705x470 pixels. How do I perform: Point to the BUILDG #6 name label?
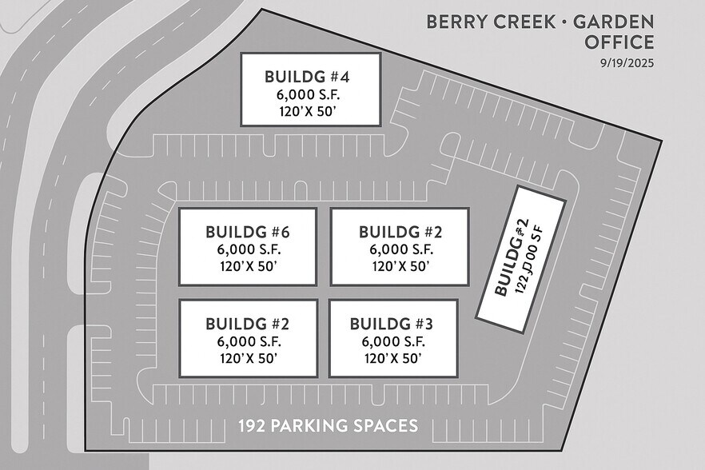tap(247, 233)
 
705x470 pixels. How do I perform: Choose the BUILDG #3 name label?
tap(392, 324)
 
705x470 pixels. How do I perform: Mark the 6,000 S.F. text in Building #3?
tap(392, 341)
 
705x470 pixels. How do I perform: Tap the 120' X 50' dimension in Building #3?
tap(392, 358)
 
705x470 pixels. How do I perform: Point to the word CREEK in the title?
tap(524, 22)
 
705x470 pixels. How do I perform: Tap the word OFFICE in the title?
tap(619, 42)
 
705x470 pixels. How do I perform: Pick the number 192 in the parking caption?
tap(252, 426)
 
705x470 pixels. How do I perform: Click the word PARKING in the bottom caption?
tap(309, 426)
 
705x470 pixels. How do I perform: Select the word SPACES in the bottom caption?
tap(386, 426)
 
